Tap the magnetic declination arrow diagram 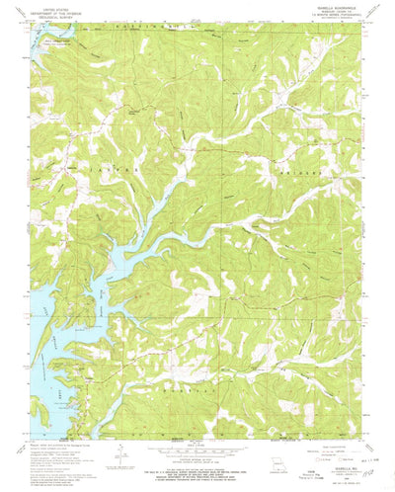pos(118,457)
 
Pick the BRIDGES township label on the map pos(306,170)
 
